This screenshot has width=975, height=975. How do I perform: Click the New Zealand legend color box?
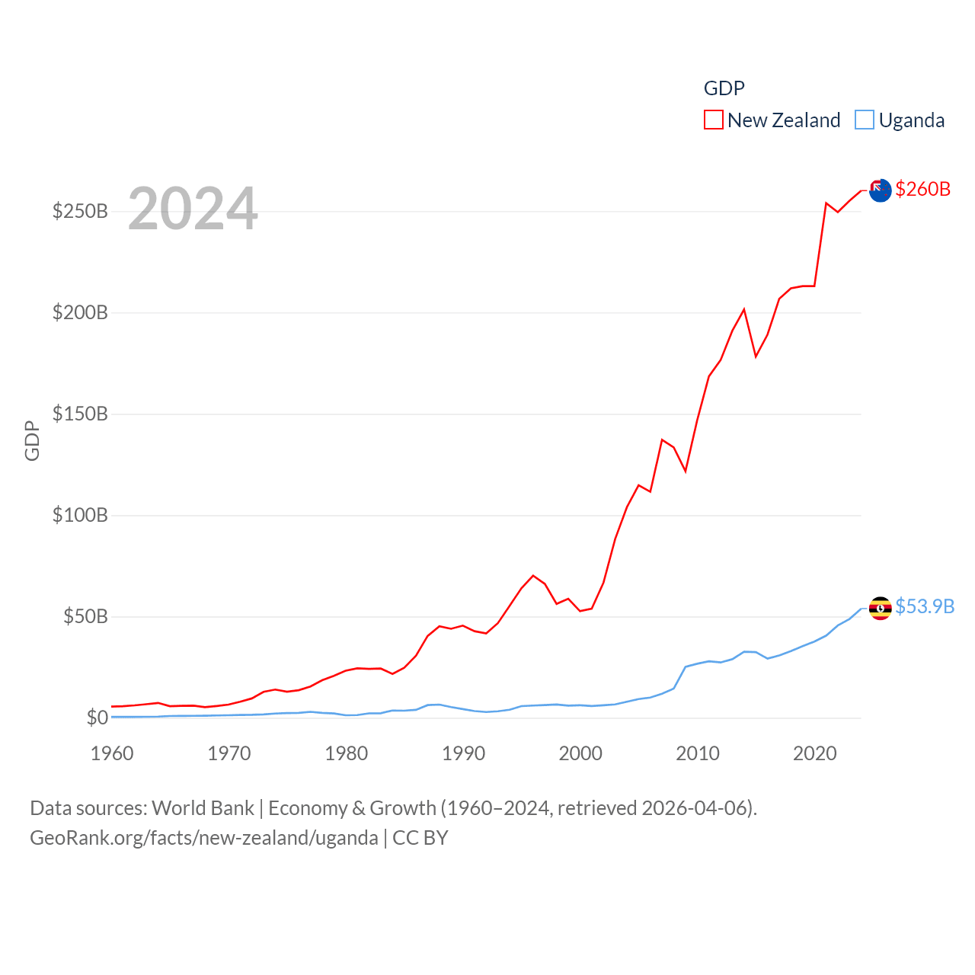(x=713, y=120)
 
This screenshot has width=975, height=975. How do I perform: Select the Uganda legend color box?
(x=864, y=120)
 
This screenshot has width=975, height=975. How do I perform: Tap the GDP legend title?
(x=724, y=88)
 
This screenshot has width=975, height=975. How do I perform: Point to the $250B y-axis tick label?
(x=80, y=211)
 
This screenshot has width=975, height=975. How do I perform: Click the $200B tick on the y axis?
(x=80, y=312)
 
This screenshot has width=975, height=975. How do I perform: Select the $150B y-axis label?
(x=80, y=414)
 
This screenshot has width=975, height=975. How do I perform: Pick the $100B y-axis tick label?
(x=80, y=515)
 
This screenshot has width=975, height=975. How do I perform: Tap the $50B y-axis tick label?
(x=85, y=616)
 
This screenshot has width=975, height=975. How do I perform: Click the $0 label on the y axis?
(x=97, y=718)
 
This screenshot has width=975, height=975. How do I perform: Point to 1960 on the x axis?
(x=112, y=753)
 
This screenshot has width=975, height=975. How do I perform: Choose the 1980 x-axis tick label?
(x=346, y=753)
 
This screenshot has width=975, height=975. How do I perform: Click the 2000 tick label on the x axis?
(x=580, y=753)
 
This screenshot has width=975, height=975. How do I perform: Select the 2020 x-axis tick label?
(x=814, y=753)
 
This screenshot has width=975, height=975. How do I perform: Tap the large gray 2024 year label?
(x=193, y=209)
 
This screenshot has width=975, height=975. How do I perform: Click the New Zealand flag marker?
(x=881, y=190)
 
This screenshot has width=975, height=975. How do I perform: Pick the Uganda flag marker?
(x=881, y=608)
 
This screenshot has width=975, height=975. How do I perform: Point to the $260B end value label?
(x=922, y=189)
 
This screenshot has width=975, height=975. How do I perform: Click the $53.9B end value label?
(x=925, y=606)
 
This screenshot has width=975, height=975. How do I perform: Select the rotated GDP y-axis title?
(x=32, y=440)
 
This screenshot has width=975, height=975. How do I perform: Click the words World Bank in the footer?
(x=203, y=808)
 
